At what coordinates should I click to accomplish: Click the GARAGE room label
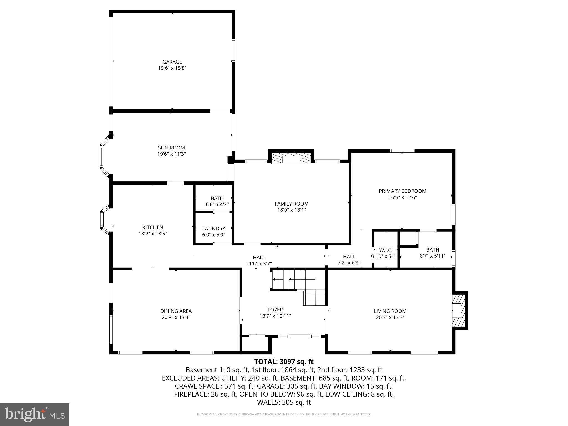(x=172, y=62)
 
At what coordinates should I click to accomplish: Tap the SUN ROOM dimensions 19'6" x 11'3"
(x=171, y=154)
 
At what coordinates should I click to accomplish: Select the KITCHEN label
(x=153, y=227)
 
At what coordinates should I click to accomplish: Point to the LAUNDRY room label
(x=214, y=229)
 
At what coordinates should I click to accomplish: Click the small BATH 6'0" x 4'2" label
(x=217, y=198)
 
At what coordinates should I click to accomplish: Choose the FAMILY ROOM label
(x=291, y=204)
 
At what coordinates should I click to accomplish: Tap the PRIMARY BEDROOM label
(x=402, y=191)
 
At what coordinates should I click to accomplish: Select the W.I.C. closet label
(x=386, y=250)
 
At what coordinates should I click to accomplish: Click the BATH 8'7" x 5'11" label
(x=433, y=250)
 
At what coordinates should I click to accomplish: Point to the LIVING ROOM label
(x=390, y=311)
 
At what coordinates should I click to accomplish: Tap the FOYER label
(x=275, y=310)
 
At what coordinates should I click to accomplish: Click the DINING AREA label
(x=176, y=311)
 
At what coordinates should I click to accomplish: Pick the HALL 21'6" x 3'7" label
(x=259, y=257)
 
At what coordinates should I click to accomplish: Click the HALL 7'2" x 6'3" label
(x=349, y=257)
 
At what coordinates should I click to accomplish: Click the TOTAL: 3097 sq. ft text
(x=284, y=362)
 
